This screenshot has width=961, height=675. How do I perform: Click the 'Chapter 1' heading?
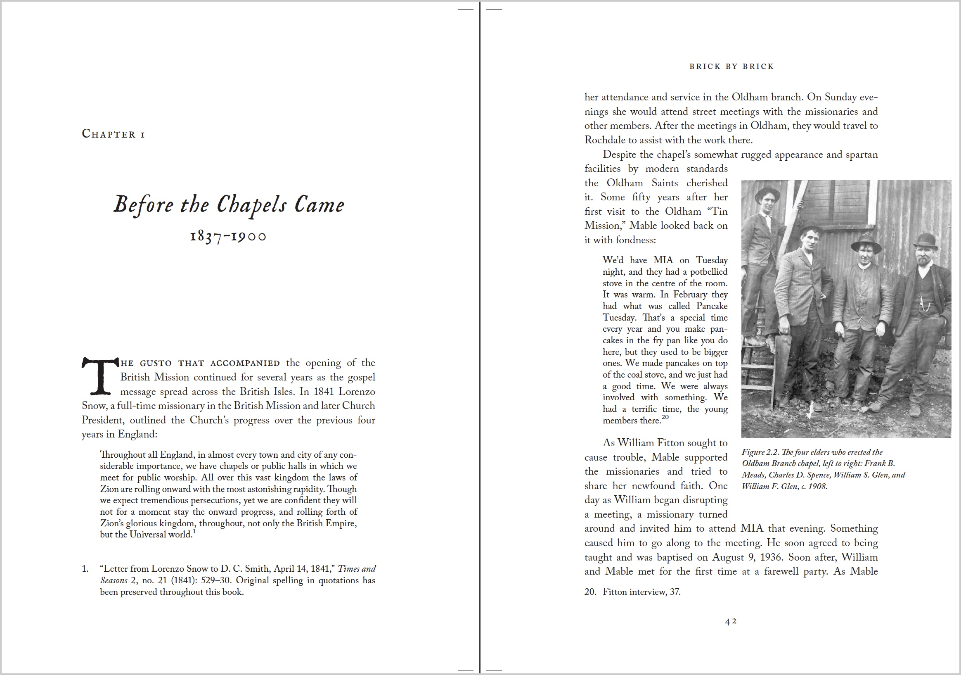(113, 134)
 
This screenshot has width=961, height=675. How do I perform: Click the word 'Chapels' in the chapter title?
(251, 205)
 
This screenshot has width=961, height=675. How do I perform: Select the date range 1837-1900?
(228, 237)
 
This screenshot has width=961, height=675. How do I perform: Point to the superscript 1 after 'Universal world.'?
(194, 532)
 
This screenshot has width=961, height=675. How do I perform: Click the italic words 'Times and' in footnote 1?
(357, 569)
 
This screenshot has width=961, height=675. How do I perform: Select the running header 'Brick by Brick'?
(731, 67)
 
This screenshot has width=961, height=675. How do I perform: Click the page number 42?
(731, 621)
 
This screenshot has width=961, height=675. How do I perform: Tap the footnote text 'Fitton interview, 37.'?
(641, 592)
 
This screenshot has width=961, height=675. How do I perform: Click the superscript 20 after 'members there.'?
(665, 417)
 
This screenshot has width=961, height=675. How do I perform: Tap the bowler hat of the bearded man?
(926, 241)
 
